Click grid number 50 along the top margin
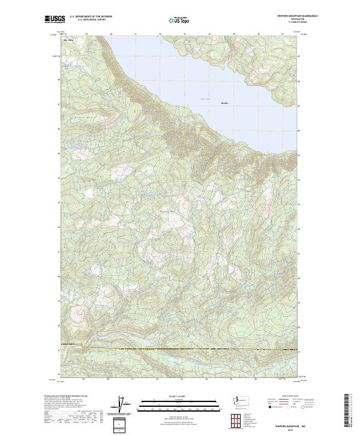point(112,34)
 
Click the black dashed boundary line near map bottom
point(180,347)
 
